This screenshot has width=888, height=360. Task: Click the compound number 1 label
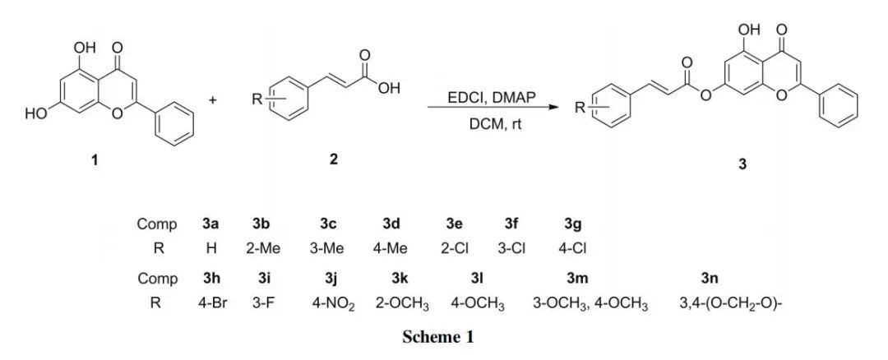[95, 161]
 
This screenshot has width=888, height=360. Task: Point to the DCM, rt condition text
[491, 126]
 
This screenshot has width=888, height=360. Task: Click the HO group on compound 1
[36, 114]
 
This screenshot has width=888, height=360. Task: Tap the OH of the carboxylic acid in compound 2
[387, 90]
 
